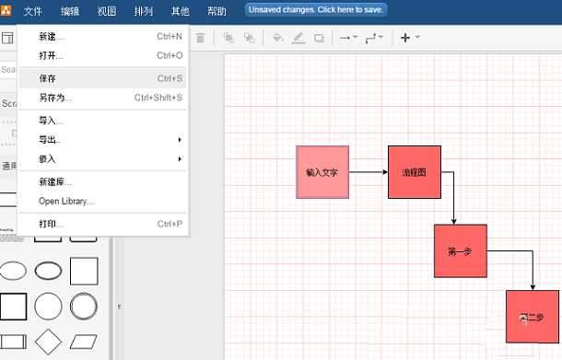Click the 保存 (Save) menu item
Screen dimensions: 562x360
pyautogui.click(x=48, y=78)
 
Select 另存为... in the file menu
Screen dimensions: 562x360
pyautogui.click(x=55, y=98)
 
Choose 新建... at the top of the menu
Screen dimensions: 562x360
pyautogui.click(x=52, y=37)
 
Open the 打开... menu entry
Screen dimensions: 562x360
pyautogui.click(x=52, y=55)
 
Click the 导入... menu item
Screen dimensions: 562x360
pyautogui.click(x=52, y=121)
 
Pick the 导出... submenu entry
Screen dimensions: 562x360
pyautogui.click(x=52, y=140)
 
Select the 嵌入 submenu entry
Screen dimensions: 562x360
pyautogui.click(x=48, y=158)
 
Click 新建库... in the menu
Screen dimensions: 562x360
pyautogui.click(x=55, y=181)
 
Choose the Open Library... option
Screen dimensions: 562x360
pyautogui.click(x=66, y=201)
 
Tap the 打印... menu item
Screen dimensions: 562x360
pyautogui.click(x=52, y=224)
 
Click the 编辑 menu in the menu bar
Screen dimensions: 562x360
pyautogui.click(x=70, y=11)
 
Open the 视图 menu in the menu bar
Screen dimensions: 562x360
pyautogui.click(x=107, y=11)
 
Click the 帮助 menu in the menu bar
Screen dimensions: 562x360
pyautogui.click(x=217, y=11)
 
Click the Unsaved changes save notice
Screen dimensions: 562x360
pyautogui.click(x=316, y=9)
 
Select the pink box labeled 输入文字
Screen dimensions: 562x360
pyautogui.click(x=322, y=172)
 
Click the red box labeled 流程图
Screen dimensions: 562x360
pyautogui.click(x=414, y=172)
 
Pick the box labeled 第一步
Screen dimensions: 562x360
pyautogui.click(x=460, y=250)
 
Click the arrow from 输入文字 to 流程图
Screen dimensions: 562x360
pyautogui.click(x=369, y=172)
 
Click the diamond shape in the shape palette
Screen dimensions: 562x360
pyautogui.click(x=48, y=342)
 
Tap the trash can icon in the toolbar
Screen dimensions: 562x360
pyautogui.click(x=200, y=38)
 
